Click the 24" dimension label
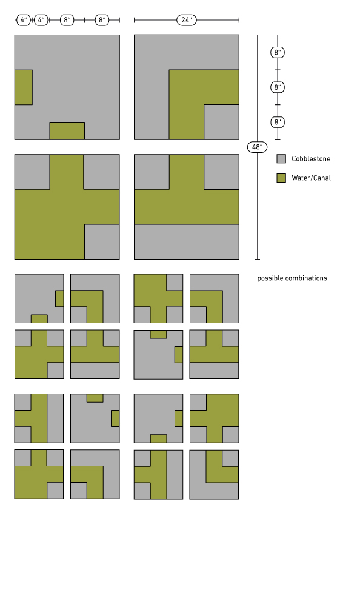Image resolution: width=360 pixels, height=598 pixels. pos(187,20)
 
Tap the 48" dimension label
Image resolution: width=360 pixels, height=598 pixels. pos(257,147)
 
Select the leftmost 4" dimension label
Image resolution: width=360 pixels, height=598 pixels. pos(24,20)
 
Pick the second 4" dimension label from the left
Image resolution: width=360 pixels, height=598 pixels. pos(41,20)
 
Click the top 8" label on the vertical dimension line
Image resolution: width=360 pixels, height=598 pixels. pos(278,52)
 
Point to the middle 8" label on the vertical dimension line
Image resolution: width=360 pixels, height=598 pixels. pos(278,87)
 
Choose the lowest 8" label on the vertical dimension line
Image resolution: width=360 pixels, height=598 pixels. pos(278,123)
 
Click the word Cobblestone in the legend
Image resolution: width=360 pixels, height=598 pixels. pos(311,159)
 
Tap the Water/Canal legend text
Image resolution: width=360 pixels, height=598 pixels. pos(312,178)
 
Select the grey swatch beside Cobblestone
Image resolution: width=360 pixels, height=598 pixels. pos(281,159)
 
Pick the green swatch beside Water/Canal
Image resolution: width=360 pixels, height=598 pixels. pos(281,178)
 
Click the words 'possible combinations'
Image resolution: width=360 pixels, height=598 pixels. pos(292,278)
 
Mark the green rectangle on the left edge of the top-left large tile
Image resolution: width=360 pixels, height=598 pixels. pos(24,87)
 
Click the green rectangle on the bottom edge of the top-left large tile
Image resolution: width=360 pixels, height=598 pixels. pos(67,131)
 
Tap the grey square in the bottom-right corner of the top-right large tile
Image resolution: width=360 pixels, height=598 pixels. pos(222,122)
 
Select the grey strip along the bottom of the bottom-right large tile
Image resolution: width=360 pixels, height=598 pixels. pos(187,242)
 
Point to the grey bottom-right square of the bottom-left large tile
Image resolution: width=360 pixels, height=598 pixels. pos(102,242)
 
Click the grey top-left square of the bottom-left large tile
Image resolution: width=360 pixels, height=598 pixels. pos(32,172)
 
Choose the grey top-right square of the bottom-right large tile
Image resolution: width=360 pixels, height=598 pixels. pos(222,172)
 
